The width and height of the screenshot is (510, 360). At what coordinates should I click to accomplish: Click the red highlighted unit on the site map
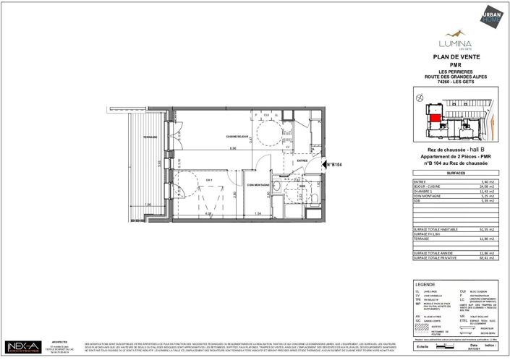click(435, 118)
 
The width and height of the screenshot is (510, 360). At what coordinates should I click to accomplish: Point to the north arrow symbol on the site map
click(418, 95)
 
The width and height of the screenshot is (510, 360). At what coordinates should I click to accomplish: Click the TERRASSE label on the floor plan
click(150, 137)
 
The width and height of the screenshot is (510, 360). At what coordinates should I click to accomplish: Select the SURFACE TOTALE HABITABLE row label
click(435, 228)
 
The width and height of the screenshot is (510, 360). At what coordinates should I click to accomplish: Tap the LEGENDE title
click(424, 284)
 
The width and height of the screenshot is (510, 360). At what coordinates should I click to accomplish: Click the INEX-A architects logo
click(24, 347)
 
